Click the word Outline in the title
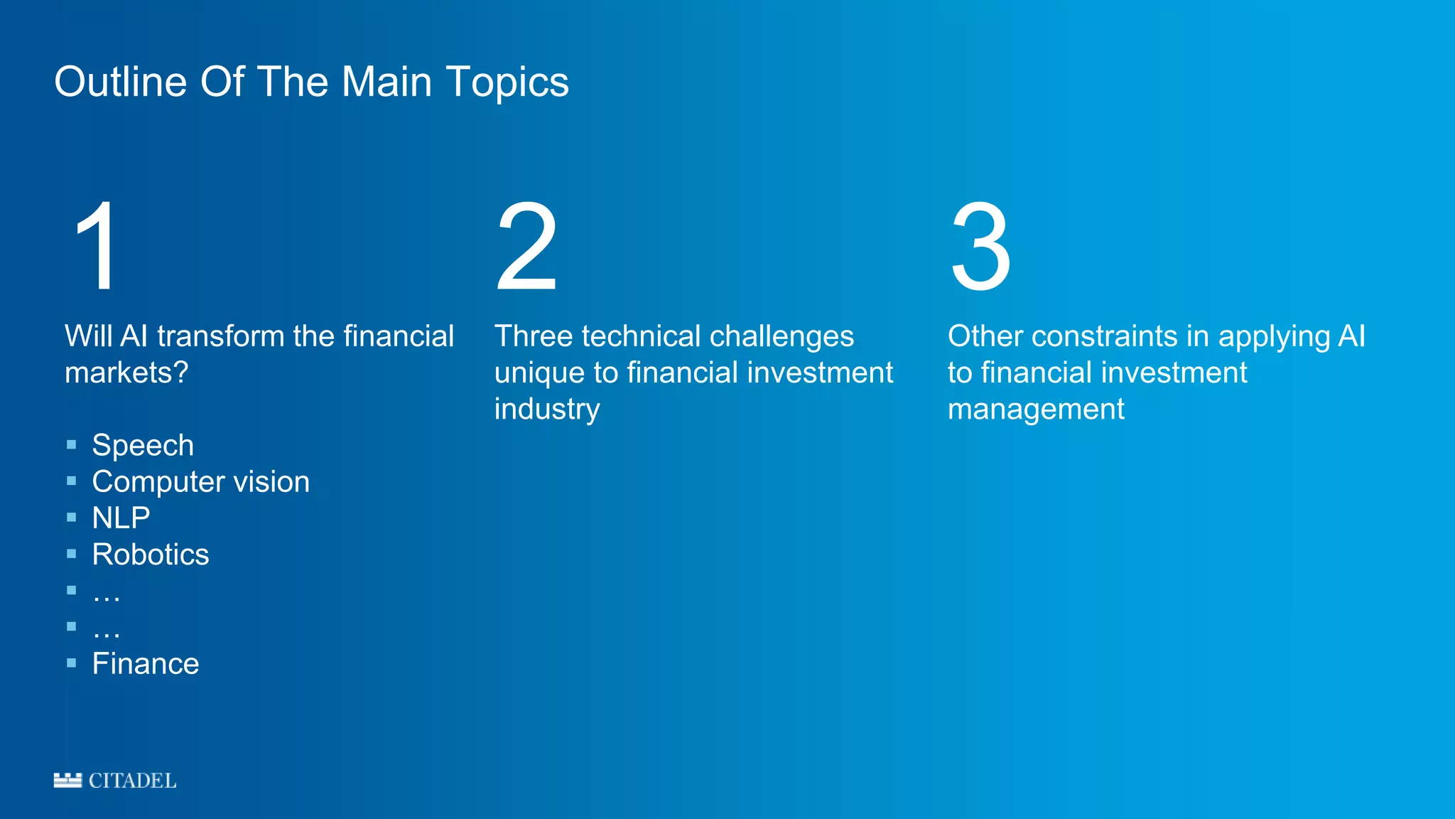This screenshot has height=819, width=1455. click(120, 82)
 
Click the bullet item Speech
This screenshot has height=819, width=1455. click(143, 446)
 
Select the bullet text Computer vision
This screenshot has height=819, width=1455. click(200, 482)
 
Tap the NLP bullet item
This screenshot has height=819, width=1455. click(121, 518)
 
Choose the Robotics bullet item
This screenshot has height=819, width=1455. click(151, 555)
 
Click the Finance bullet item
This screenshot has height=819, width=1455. click(146, 664)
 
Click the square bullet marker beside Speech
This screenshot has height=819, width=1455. click(71, 445)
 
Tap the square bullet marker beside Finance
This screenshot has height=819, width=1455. click(71, 663)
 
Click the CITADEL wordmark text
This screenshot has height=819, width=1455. click(132, 781)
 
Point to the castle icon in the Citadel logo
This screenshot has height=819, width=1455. click(67, 780)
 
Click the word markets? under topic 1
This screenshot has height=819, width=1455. click(126, 373)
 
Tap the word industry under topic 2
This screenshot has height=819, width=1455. click(547, 409)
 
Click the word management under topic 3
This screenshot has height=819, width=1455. click(1036, 409)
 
